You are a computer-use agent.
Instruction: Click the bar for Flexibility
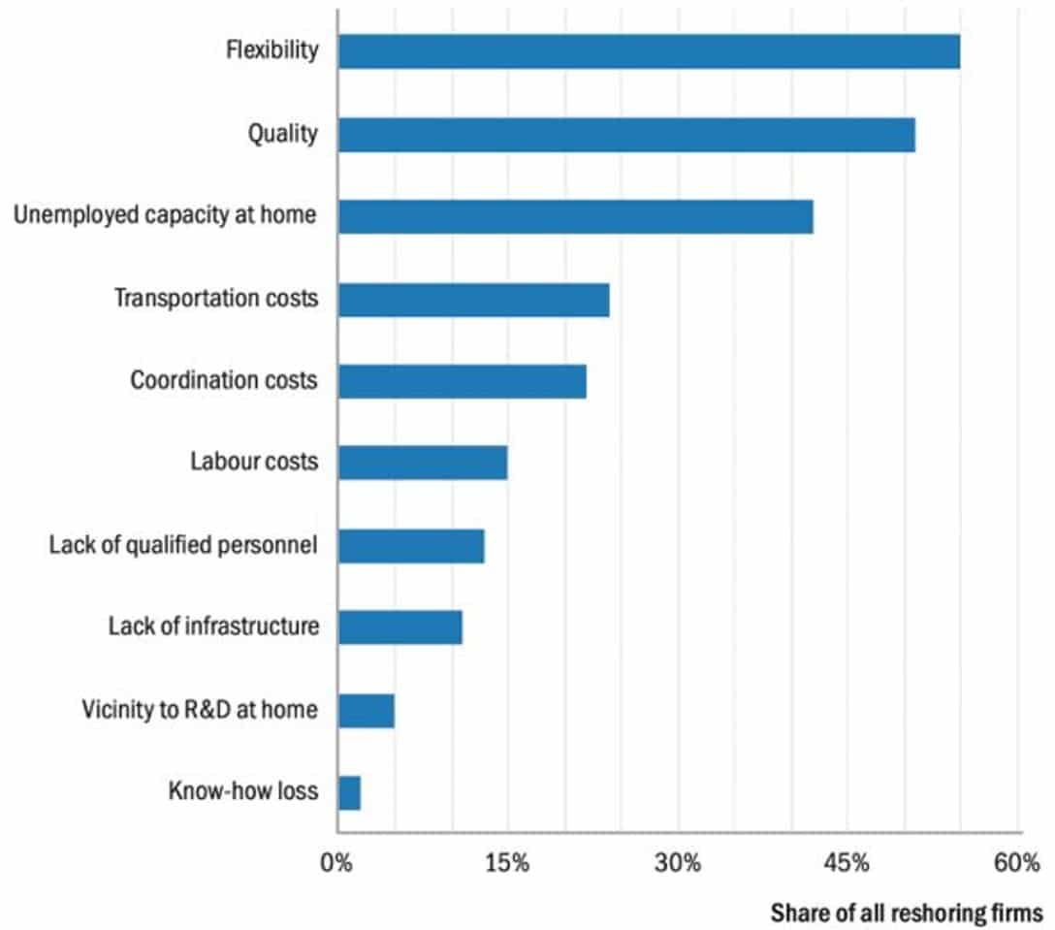pos(649,51)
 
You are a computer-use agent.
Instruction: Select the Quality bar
pos(626,135)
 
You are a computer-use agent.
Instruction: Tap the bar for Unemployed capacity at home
pos(575,216)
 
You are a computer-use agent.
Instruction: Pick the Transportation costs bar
pos(473,300)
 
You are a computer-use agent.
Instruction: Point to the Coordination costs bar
pos(462,381)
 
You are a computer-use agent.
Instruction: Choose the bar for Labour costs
pos(423,464)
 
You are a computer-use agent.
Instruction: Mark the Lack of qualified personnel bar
pos(411,546)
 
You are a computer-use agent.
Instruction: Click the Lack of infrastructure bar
pos(400,627)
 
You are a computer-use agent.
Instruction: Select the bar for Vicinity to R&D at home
pos(366,711)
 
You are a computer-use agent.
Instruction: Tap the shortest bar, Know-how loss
pos(349,792)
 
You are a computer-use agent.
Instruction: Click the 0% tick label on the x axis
pos(336,863)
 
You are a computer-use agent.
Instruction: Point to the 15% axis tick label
pos(506,863)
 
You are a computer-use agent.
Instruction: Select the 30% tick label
pos(677,863)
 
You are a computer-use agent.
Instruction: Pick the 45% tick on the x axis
pos(847,863)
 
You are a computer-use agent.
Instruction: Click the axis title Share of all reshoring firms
pos(906,913)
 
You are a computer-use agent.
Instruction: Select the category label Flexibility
pos(272,50)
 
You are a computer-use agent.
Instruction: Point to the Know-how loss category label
pos(242,791)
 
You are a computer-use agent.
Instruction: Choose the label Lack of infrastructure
pos(213,626)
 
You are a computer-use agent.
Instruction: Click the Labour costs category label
pos(254,462)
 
